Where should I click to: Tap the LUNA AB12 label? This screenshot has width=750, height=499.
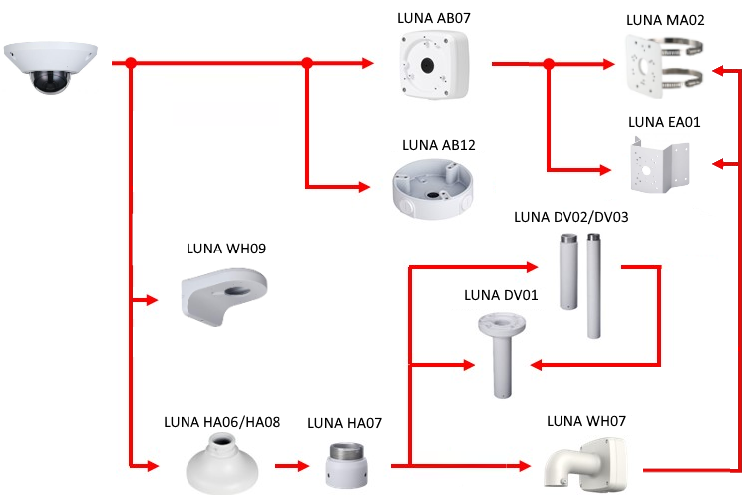pyautogui.click(x=438, y=145)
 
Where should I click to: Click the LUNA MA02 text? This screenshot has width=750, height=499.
pyautogui.click(x=665, y=19)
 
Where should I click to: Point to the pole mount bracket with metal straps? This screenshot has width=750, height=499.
pyautogui.click(x=666, y=64)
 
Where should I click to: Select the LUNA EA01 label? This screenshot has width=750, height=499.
pyautogui.click(x=665, y=123)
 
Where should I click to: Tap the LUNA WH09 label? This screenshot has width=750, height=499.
pyautogui.click(x=226, y=249)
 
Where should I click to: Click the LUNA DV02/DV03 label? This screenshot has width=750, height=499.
pyautogui.click(x=570, y=216)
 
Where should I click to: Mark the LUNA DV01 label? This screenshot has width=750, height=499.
pyautogui.click(x=501, y=295)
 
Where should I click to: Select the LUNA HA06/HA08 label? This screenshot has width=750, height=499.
pyautogui.click(x=221, y=421)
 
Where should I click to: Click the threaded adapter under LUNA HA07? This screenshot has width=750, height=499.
pyautogui.click(x=348, y=465)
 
